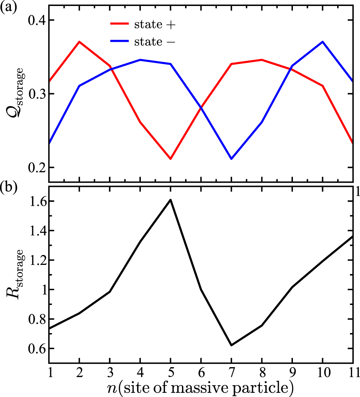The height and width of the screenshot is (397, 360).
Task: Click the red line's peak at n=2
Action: (x=79, y=42)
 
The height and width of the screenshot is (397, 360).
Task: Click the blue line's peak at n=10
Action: (x=322, y=42)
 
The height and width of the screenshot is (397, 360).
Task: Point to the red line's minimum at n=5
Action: (x=170, y=159)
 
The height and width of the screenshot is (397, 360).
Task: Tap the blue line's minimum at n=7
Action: (x=231, y=159)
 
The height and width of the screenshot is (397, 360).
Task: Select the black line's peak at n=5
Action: (x=170, y=200)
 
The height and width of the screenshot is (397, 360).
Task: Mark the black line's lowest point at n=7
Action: (x=231, y=345)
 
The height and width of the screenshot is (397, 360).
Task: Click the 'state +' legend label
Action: (x=152, y=24)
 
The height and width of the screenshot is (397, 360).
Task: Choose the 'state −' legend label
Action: (x=152, y=42)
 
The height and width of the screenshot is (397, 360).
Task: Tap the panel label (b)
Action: (x=8, y=188)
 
